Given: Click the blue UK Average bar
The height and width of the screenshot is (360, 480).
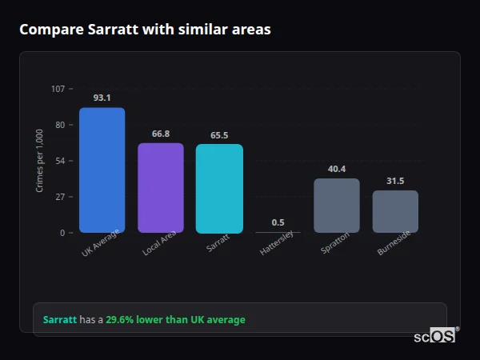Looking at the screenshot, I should click(102, 170).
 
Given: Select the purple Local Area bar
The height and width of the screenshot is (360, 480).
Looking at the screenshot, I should click(160, 188).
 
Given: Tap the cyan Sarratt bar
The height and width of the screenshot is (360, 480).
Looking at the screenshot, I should click(219, 189).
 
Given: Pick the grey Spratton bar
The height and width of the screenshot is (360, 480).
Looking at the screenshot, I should click(336, 206).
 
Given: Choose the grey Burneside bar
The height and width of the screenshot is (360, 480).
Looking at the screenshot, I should click(395, 211).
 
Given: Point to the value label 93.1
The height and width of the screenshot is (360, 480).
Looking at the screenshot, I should click(102, 98).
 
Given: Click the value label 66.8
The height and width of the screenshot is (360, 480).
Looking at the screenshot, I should click(160, 134).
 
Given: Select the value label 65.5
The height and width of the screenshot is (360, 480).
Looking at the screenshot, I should click(219, 135).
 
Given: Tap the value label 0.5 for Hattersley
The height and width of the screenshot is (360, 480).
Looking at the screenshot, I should click(278, 222).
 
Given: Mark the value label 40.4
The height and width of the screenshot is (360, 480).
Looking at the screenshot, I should click(336, 169).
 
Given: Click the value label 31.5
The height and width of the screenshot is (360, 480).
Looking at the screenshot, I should click(395, 181).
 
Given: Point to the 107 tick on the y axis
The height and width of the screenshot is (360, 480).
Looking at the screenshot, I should click(58, 89).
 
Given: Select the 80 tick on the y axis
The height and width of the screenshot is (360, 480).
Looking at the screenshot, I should click(60, 125).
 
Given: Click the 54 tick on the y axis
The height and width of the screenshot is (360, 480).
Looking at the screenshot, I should click(60, 161).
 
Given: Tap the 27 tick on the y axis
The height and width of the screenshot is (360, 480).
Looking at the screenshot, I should click(60, 197).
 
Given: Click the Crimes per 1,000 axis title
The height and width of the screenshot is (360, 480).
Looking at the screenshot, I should click(39, 161).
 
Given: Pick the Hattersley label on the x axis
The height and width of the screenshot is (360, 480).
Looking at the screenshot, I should click(277, 242).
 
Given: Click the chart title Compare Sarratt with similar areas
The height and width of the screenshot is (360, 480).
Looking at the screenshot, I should click(145, 30).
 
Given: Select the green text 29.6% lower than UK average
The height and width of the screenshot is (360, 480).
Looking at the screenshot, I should click(175, 320).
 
